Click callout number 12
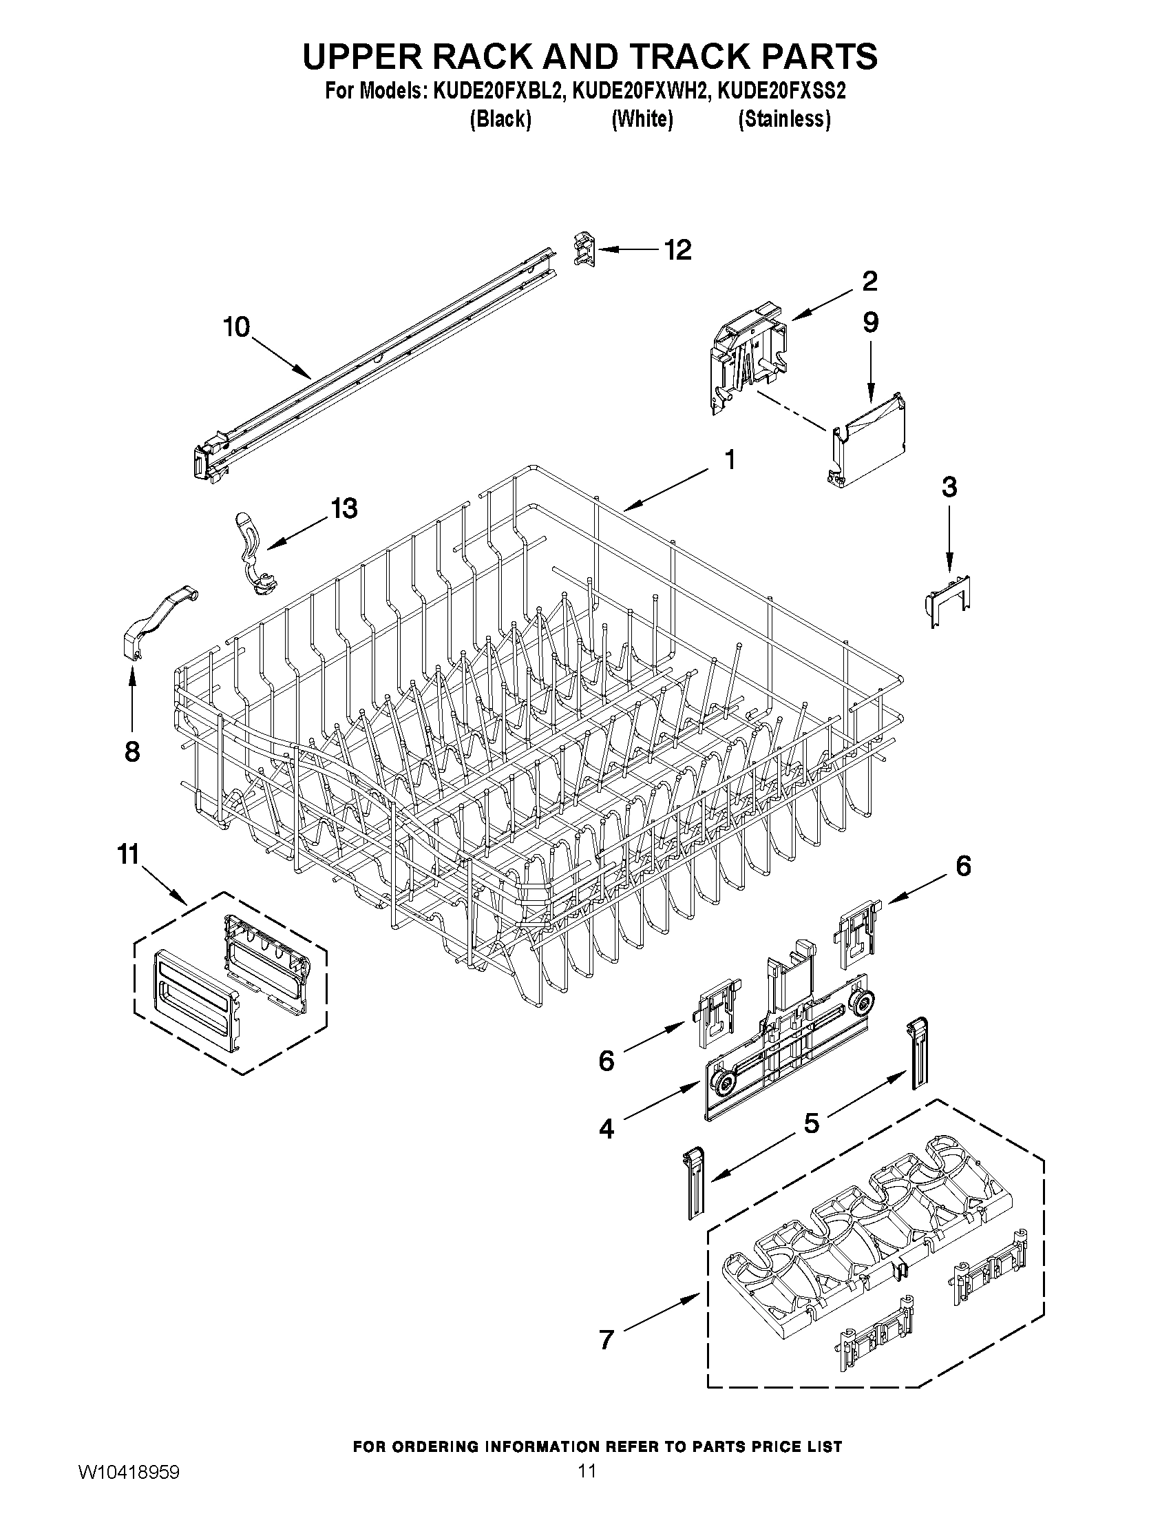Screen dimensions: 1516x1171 pos(678,250)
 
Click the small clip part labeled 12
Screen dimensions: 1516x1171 pos(584,249)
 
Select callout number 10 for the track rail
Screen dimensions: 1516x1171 pos(236,327)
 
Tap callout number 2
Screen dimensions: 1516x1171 pos(869,281)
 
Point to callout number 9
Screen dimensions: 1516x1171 pos(871,322)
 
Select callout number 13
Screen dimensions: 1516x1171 pos(344,508)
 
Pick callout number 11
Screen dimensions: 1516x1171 pos(128,855)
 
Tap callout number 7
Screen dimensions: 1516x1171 pos(606,1340)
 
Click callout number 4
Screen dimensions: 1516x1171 pos(606,1130)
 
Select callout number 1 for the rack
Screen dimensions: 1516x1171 pos(729,459)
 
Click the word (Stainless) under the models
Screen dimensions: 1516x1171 pos(784,119)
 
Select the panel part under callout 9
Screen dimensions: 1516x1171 pos(869,439)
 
